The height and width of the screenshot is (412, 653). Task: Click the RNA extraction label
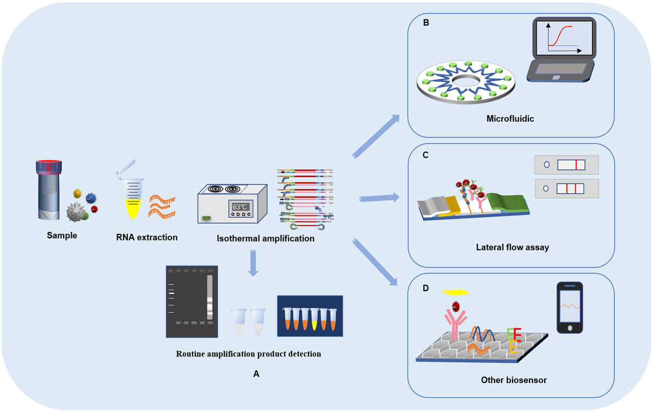pos(147,237)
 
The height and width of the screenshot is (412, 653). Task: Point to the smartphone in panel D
pos(570,308)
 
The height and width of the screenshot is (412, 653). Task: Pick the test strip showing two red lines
pos(566,189)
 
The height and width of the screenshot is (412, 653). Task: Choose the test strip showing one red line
pos(566,164)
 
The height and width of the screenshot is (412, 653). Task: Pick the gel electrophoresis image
pos(192,300)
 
